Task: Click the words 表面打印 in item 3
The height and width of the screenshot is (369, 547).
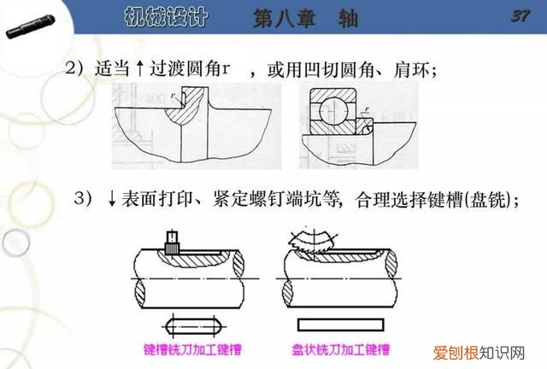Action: coord(153,200)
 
